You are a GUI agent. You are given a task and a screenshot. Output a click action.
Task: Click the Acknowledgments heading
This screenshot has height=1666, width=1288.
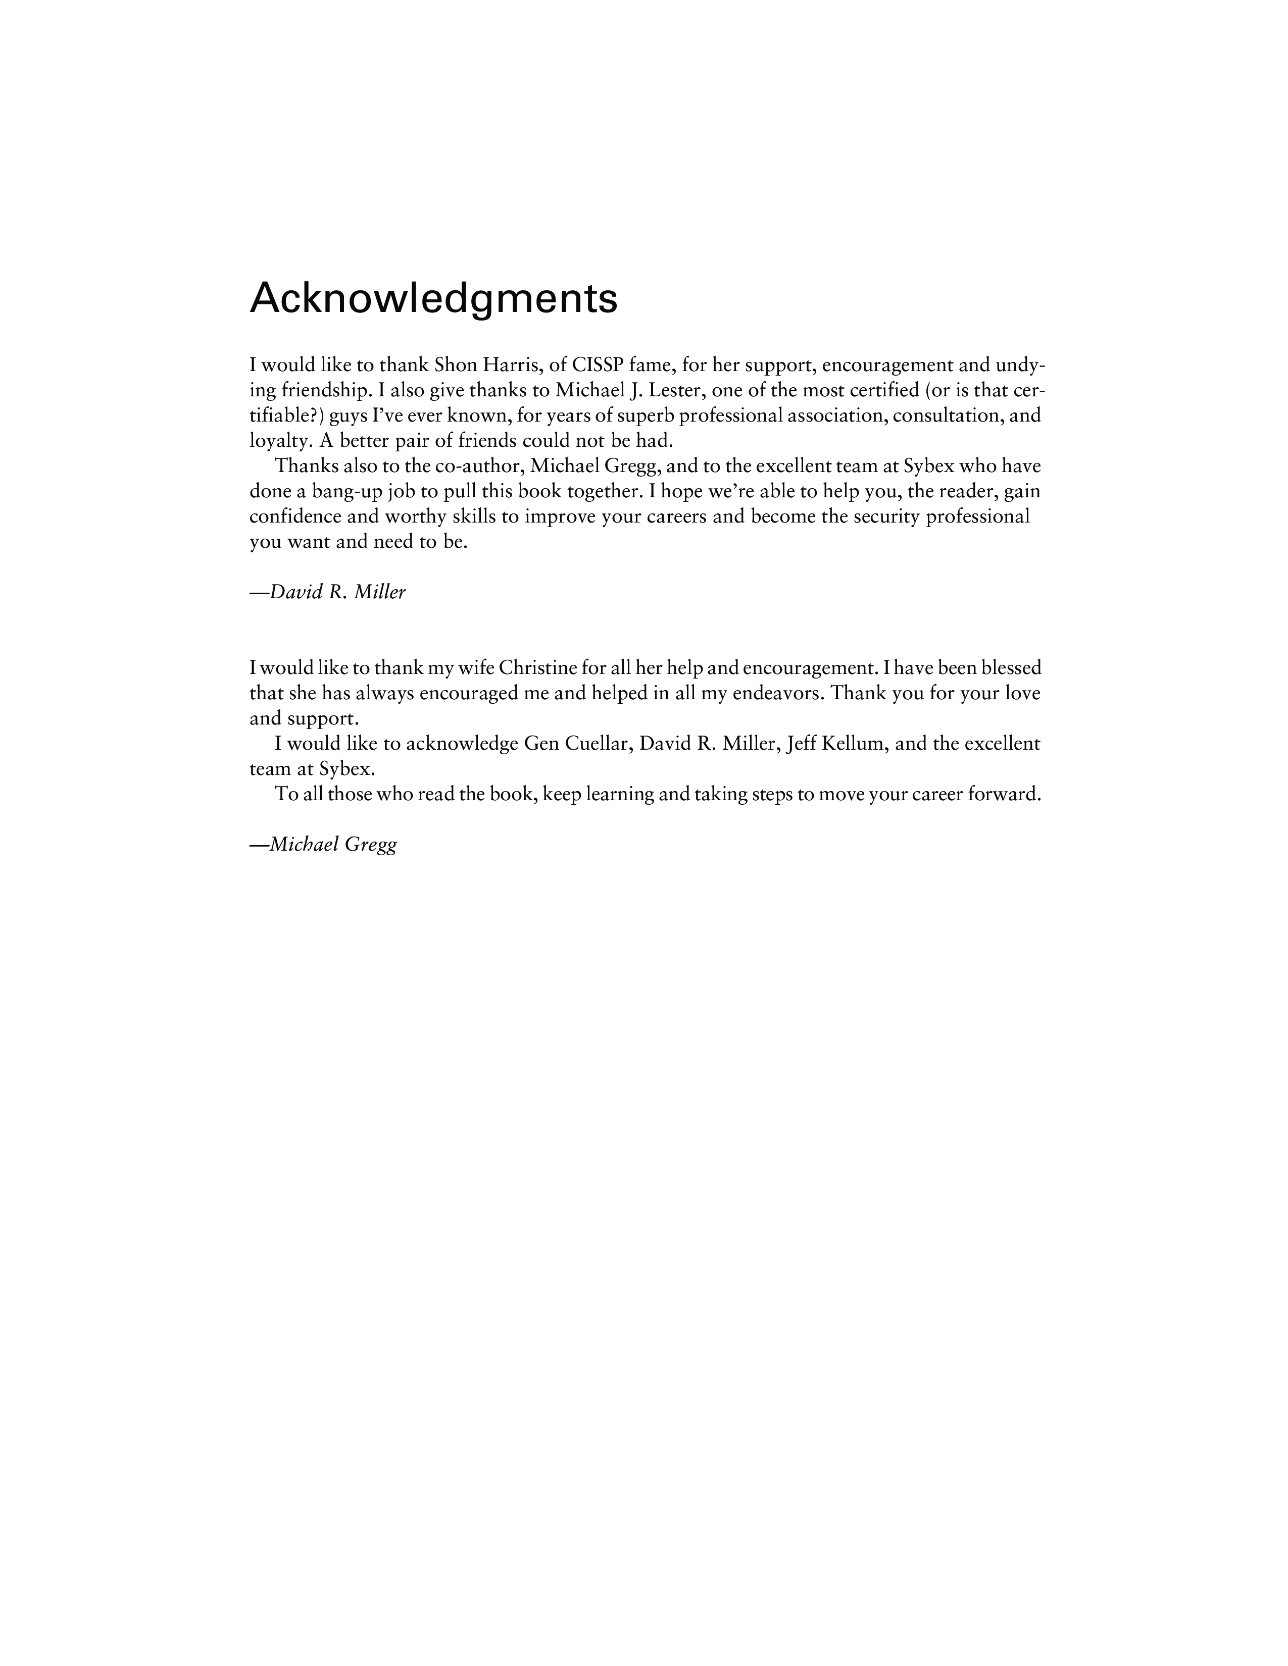click(433, 299)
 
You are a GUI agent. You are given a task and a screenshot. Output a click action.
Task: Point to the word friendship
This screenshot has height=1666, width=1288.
click(326, 391)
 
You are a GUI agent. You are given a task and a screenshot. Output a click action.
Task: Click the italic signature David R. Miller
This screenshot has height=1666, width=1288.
click(328, 592)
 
